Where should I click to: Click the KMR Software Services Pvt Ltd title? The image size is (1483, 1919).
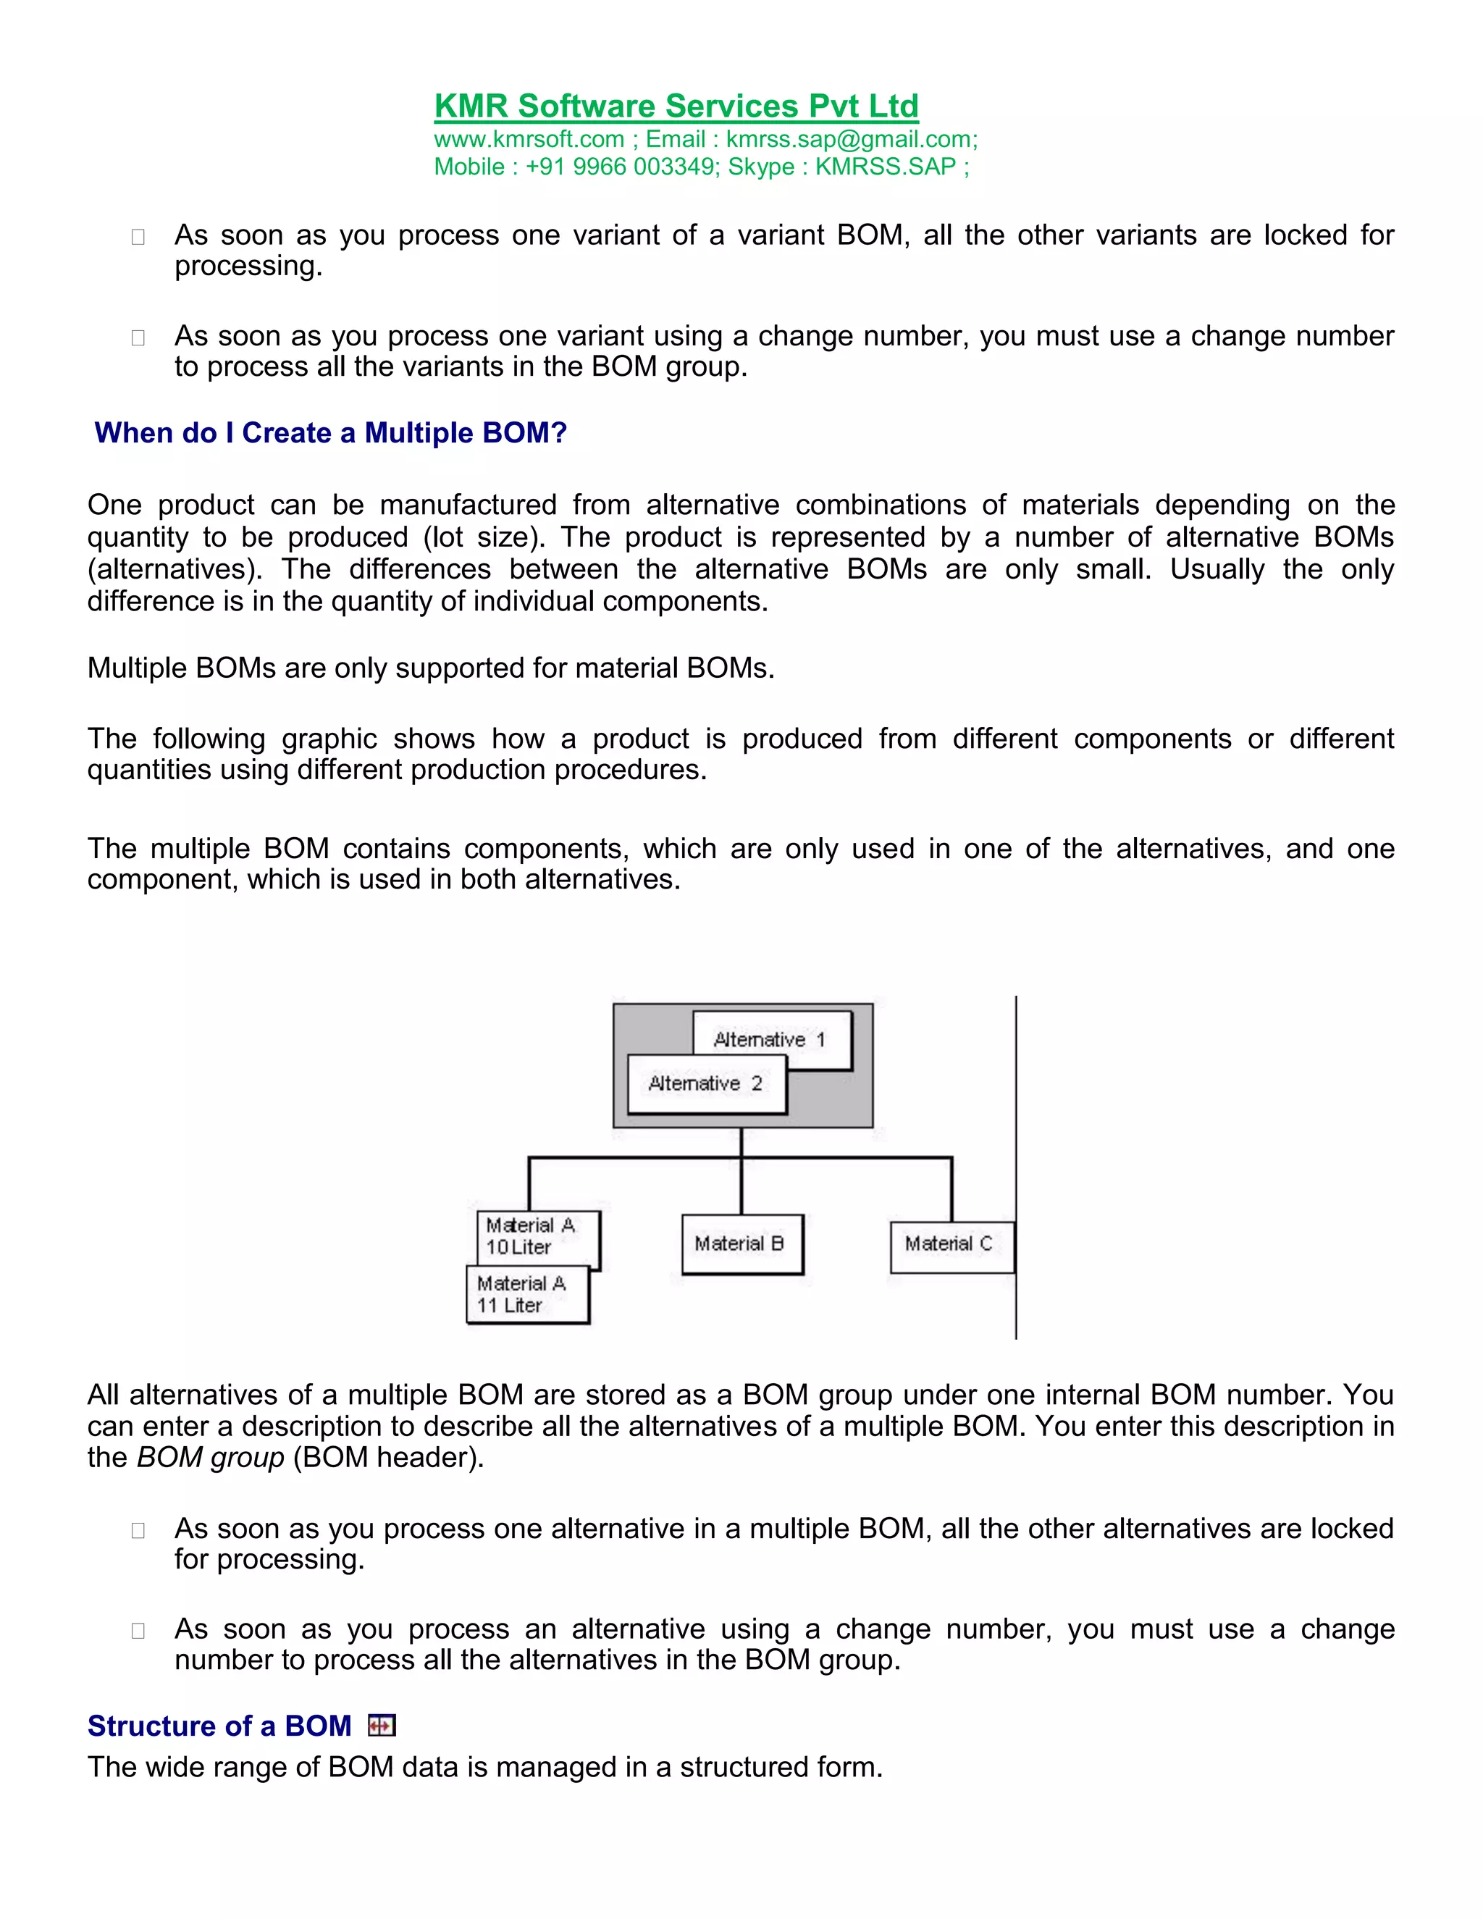676,106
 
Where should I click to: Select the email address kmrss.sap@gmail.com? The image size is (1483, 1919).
849,140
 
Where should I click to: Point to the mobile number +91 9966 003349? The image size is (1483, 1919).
621,167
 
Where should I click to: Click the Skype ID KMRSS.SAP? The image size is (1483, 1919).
885,167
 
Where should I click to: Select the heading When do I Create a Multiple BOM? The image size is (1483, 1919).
330,433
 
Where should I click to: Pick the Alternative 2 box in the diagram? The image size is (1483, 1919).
706,1084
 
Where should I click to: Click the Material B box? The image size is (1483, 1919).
741,1243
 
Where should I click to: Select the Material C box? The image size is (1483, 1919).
951,1243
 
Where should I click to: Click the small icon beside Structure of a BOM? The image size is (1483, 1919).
382,1726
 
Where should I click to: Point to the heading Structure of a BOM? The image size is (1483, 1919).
219,1726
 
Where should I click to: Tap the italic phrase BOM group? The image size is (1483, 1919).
211,1458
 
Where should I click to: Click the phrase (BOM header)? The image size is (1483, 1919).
388,1458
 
